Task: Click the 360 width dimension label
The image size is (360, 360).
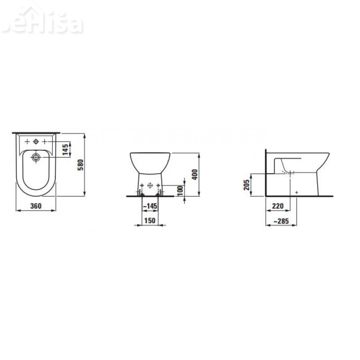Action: click(36, 206)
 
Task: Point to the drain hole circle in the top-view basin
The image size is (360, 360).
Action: click(36, 157)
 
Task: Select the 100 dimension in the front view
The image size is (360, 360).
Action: click(180, 190)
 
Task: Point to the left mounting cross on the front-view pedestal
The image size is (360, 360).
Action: click(141, 185)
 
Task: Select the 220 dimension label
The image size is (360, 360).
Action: click(278, 206)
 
